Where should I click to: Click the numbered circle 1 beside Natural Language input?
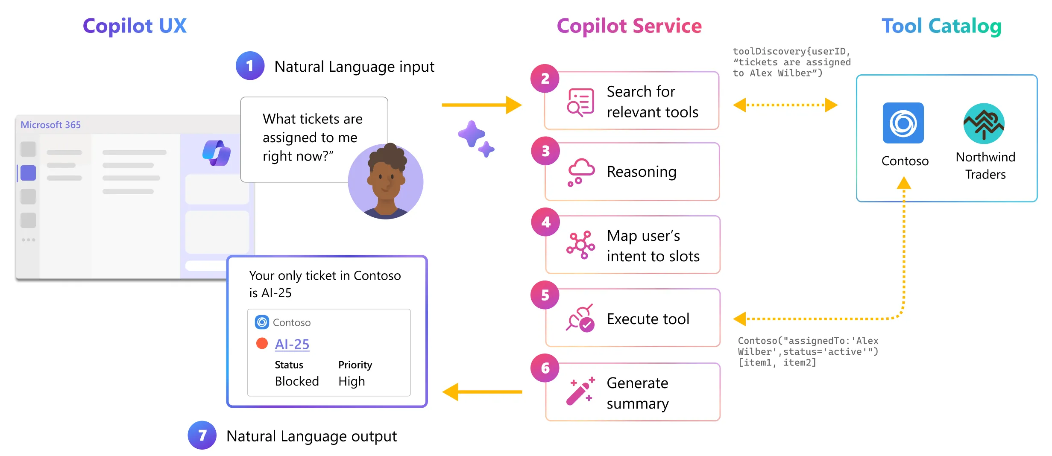[x=250, y=66]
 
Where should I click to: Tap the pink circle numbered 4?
[x=545, y=222]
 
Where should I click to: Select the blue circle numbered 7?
[x=202, y=435]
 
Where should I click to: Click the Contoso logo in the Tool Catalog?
[x=903, y=123]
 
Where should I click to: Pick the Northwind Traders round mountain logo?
[x=984, y=124]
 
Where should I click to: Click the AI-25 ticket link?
[x=292, y=344]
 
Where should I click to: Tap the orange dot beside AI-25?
[x=262, y=343]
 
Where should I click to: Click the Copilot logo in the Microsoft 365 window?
[x=217, y=152]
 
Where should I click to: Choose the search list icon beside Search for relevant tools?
[x=580, y=102]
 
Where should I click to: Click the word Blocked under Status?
[x=297, y=381]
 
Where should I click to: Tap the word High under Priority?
[x=352, y=381]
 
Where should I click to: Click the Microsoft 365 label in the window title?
[x=51, y=125]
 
